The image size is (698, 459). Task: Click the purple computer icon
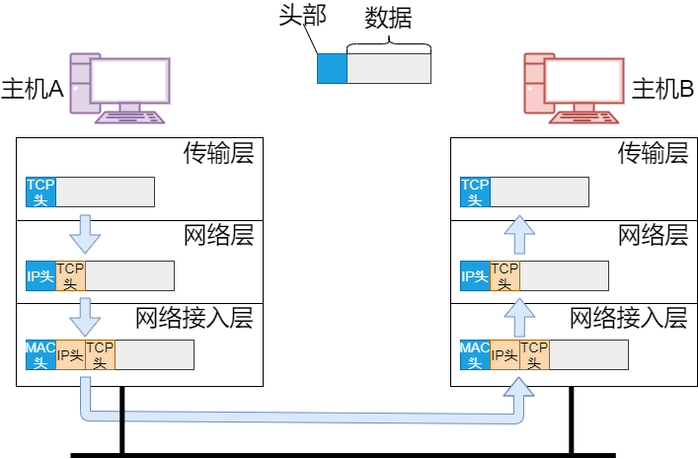[x=119, y=88]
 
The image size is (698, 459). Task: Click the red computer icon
[x=573, y=88]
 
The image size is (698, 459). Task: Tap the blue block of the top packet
[x=332, y=68]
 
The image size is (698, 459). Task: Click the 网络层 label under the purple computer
[x=219, y=236]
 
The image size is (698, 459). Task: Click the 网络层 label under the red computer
[x=653, y=236]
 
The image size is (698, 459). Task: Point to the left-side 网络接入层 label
[x=194, y=318]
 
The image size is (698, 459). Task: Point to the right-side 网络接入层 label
[x=629, y=318]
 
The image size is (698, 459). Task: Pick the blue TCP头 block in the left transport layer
[x=40, y=191]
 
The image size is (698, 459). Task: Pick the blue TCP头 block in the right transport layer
[x=475, y=191]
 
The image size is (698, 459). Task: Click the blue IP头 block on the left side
[x=40, y=275]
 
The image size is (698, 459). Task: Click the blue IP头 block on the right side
[x=475, y=275]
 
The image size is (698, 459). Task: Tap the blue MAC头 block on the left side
[x=40, y=354]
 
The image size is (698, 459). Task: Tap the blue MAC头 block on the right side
[x=475, y=354]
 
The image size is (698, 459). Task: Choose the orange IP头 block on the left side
[x=70, y=354]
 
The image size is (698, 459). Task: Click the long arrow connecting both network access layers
[x=296, y=417]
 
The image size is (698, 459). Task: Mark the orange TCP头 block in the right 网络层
[x=504, y=275]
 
